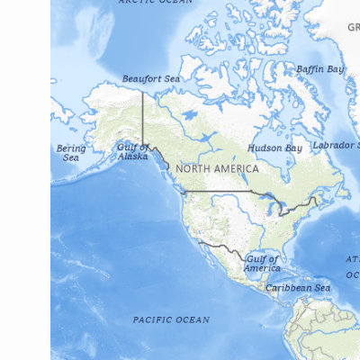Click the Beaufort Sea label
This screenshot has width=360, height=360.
[150, 79]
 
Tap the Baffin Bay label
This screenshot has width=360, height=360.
[319, 69]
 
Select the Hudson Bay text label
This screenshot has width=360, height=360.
[274, 148]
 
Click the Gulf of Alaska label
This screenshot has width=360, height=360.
[132, 151]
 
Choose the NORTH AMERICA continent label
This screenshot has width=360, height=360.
[217, 168]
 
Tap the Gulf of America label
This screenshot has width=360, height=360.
[262, 264]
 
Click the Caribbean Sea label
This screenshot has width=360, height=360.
[297, 288]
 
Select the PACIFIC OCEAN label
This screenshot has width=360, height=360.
[171, 319]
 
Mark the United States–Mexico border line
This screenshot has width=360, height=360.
[220, 246]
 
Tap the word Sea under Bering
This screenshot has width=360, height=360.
[71, 157]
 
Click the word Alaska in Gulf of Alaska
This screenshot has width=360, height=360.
[132, 157]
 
